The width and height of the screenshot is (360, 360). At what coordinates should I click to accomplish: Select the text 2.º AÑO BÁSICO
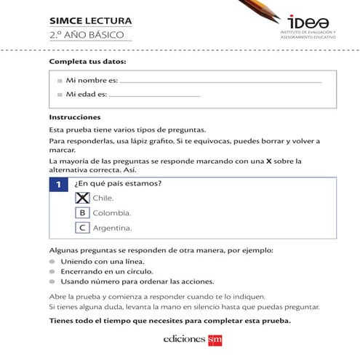[x=87, y=35]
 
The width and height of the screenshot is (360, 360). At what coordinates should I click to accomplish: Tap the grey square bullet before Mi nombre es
[x=60, y=81]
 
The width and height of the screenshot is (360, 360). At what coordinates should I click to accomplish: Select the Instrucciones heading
[x=74, y=117]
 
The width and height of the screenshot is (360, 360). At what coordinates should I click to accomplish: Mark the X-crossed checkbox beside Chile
[x=82, y=197]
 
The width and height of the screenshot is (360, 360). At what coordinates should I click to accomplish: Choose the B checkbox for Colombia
[x=82, y=212]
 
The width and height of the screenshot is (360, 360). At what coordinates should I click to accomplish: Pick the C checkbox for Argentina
[x=82, y=228]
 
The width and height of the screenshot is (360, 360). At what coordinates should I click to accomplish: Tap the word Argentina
[x=112, y=228]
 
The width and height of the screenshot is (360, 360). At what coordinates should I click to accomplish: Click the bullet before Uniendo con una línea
[x=52, y=261]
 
